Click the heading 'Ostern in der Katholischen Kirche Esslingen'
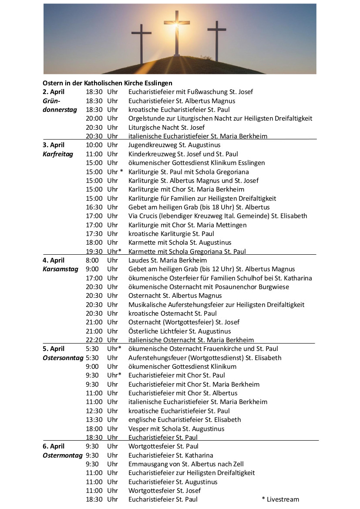pos(108,83)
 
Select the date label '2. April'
pos(54,92)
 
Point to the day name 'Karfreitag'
pos(58,154)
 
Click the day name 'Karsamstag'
pos(60,269)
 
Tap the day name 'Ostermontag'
pos(62,455)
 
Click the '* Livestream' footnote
pos(280,499)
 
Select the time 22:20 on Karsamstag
pos(94,340)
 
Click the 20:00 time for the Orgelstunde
pos(94,118)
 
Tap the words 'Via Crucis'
pos(143,216)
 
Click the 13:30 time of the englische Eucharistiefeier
pos(94,420)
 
